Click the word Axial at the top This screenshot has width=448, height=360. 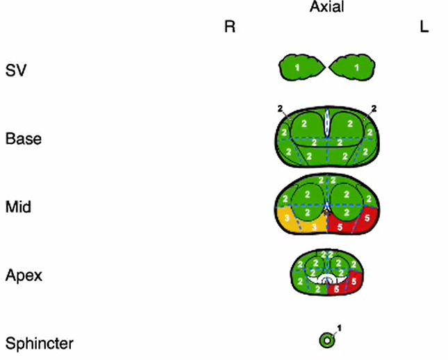click(326, 8)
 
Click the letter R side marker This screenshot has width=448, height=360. click(230, 28)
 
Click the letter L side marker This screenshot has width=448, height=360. click(424, 28)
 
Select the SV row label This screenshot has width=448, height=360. click(15, 71)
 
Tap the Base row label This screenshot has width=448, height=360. click(23, 138)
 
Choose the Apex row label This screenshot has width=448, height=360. click(24, 275)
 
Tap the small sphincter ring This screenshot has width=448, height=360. click(326, 340)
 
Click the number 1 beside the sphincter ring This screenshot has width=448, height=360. click(340, 327)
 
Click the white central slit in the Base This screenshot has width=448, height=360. click(327, 124)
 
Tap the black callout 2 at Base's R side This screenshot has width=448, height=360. click(280, 108)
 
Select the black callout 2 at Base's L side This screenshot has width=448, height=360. click(374, 108)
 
